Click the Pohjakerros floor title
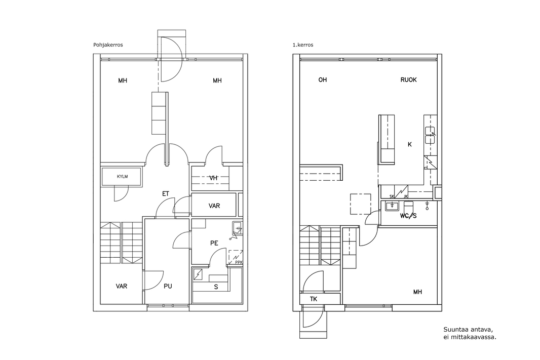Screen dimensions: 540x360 (x=108, y=45)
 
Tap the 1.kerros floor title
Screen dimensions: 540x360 (x=303, y=45)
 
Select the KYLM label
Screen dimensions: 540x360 (x=122, y=177)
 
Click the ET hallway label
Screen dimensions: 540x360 (x=166, y=194)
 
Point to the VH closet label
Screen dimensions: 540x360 (x=214, y=178)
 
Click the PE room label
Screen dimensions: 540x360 (x=214, y=243)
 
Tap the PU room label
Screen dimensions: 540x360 (x=168, y=286)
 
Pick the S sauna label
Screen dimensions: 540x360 (x=216, y=287)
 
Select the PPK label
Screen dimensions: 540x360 (x=239, y=262)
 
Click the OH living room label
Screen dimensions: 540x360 (x=322, y=80)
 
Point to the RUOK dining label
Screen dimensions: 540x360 (x=408, y=80)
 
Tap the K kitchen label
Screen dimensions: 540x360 (x=410, y=144)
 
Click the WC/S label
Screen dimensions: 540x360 (x=408, y=216)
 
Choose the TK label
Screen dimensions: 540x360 (x=314, y=299)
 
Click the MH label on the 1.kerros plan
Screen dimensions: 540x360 (x=417, y=292)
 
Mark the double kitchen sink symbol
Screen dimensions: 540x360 (x=430, y=135)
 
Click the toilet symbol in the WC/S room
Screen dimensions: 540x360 (x=408, y=207)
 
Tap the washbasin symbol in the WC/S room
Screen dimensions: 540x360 (x=392, y=206)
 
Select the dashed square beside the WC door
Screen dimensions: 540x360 (x=361, y=204)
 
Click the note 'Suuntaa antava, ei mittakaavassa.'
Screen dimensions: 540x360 (x=470, y=333)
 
